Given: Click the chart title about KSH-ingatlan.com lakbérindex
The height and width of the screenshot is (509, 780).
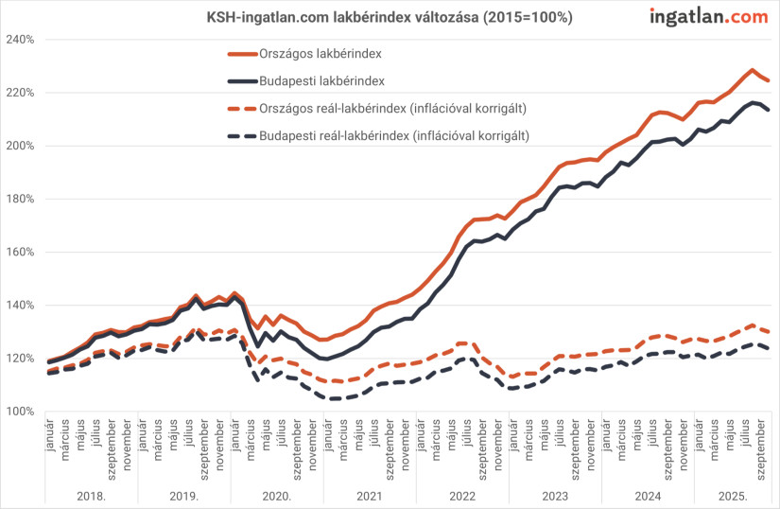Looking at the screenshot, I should pos(390,17).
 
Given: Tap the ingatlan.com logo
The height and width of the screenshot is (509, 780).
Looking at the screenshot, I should pos(708,17).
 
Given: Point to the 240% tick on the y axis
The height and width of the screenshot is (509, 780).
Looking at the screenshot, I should pos(21,40).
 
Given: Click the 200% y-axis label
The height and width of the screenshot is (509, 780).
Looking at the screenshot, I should pos(21,146).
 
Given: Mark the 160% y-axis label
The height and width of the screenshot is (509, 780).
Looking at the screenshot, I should pos(21,252).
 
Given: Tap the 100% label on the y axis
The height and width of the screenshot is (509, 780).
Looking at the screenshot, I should pos(21,411).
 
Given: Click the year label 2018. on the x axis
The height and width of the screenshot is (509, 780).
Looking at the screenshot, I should pos(91,496).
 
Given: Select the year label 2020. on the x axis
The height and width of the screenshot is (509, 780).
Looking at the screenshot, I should pos(277,496).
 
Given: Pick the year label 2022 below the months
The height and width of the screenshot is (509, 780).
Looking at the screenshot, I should pos(462,496).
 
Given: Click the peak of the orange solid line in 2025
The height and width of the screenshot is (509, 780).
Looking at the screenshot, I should pos(752,70).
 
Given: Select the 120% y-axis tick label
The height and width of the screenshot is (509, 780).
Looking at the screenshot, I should pos(21,358).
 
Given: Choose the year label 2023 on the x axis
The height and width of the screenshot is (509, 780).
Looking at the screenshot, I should pos(555,496).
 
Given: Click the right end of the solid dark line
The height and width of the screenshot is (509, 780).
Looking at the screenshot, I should pos(768,110).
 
